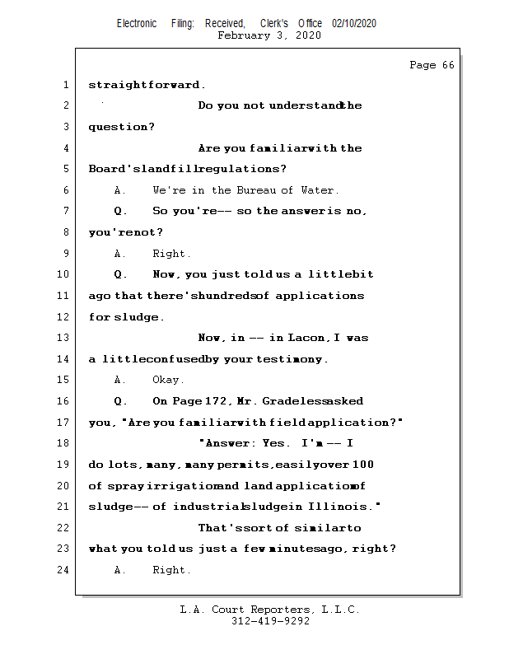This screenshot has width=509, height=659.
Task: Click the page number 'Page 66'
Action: tap(432, 65)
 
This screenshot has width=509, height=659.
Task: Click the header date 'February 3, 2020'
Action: tap(269, 36)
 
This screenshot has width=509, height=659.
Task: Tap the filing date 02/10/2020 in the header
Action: tap(354, 24)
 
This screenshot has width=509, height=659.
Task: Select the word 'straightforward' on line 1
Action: tap(144, 85)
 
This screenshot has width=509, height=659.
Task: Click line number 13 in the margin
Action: tap(64, 338)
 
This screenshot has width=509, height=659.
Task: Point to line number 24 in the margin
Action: tap(64, 569)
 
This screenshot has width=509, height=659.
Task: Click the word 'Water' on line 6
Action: tap(316, 190)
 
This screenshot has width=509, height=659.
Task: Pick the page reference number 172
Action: tap(216, 401)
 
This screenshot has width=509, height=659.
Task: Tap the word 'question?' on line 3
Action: tap(121, 127)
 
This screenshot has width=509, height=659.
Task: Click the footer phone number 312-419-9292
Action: tap(270, 621)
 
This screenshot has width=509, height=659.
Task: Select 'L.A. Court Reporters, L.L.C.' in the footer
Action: tap(270, 610)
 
